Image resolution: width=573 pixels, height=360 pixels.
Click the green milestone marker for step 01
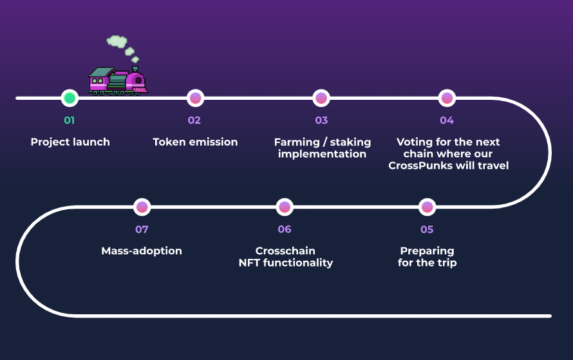click(70, 99)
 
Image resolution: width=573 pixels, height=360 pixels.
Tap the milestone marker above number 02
click(195, 99)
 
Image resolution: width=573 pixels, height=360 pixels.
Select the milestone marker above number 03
click(321, 99)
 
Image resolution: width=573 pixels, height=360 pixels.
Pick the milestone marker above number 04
click(447, 99)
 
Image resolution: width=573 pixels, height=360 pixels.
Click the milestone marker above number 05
click(427, 207)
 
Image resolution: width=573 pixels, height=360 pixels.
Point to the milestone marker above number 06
click(285, 207)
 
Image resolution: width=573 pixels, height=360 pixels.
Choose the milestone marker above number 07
click(142, 207)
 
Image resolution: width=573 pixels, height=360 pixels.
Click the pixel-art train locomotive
click(118, 81)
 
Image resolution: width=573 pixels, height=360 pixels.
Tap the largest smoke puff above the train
click(117, 42)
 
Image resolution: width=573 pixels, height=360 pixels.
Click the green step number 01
click(70, 120)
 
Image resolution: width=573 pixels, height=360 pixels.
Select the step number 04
click(447, 120)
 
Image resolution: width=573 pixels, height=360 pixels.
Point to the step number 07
click(142, 229)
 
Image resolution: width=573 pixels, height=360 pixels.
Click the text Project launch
click(70, 142)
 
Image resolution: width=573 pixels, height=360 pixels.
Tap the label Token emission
click(195, 142)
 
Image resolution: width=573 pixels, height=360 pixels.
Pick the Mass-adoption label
click(142, 251)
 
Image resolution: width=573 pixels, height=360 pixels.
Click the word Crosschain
click(285, 251)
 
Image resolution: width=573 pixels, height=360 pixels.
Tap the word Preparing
click(427, 251)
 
